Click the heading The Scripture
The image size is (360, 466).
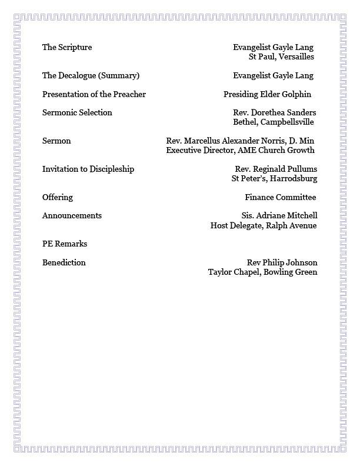tap(67, 48)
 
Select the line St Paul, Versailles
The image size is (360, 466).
tap(281, 57)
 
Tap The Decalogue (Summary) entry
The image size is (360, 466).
tap(91, 76)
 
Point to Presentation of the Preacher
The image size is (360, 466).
tap(94, 94)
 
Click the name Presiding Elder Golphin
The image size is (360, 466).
tap(267, 94)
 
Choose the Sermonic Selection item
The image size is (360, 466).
tap(77, 113)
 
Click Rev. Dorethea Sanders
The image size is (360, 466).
tap(275, 113)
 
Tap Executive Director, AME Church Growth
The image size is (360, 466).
tap(240, 151)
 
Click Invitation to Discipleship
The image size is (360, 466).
tap(88, 169)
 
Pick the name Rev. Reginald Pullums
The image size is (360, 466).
tap(275, 169)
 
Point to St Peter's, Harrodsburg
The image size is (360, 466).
tap(274, 179)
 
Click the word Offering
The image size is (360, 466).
tap(58, 198)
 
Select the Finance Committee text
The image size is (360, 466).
tap(281, 198)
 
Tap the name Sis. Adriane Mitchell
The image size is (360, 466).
tap(279, 216)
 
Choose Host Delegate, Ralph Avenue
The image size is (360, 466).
tap(264, 225)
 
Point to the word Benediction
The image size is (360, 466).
tap(64, 263)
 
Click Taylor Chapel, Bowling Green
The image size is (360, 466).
tap(262, 272)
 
